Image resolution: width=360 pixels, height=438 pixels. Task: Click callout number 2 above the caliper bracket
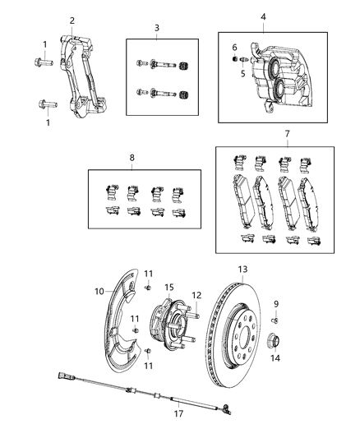click(x=72, y=21)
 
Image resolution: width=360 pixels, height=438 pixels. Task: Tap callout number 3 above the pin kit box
click(x=156, y=29)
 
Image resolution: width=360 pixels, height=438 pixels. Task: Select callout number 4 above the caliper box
click(x=263, y=16)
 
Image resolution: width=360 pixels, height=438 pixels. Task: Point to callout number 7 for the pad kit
click(x=287, y=133)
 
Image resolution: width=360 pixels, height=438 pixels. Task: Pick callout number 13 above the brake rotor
click(x=242, y=268)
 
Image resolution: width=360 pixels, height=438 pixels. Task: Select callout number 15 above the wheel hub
click(x=168, y=287)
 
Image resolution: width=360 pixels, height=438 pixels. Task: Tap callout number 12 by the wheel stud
click(x=196, y=295)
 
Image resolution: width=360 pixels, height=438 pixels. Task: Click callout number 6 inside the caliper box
click(x=233, y=48)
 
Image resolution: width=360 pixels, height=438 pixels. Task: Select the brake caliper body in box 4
click(x=279, y=78)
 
